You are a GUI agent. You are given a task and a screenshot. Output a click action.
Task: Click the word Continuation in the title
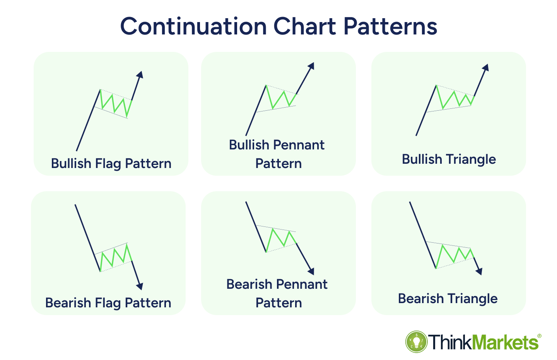[193, 26]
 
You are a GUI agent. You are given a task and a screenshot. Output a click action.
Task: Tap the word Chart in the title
[305, 26]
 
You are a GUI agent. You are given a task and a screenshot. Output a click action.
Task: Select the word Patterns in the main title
[390, 26]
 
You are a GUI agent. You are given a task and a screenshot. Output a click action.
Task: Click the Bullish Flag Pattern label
[111, 164]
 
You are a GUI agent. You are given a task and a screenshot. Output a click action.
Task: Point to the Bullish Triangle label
[449, 159]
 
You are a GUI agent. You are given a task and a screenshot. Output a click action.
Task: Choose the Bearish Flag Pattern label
[108, 303]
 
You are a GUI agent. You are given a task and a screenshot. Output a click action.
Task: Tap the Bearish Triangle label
[448, 298]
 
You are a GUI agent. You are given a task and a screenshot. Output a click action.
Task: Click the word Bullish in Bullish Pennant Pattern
[248, 145]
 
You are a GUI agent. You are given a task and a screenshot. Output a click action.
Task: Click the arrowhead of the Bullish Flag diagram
[140, 75]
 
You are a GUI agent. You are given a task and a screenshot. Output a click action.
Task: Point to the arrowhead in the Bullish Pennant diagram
[311, 66]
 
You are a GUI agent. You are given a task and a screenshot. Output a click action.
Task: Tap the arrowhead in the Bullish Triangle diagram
[486, 68]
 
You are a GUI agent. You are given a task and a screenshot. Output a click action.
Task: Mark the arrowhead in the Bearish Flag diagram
[140, 286]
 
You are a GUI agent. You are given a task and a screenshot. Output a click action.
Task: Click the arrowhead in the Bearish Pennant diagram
[311, 271]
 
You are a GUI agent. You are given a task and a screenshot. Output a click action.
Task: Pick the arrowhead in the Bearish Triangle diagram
[479, 271]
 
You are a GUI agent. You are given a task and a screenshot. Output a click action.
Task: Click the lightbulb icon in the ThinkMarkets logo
[417, 341]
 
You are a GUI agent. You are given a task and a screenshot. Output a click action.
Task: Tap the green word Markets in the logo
[505, 343]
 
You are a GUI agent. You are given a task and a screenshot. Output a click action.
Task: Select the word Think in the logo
[450, 343]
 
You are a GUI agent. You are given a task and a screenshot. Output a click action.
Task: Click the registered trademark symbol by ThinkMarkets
[539, 336]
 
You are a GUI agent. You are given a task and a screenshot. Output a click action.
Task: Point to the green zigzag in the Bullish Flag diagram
[116, 103]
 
